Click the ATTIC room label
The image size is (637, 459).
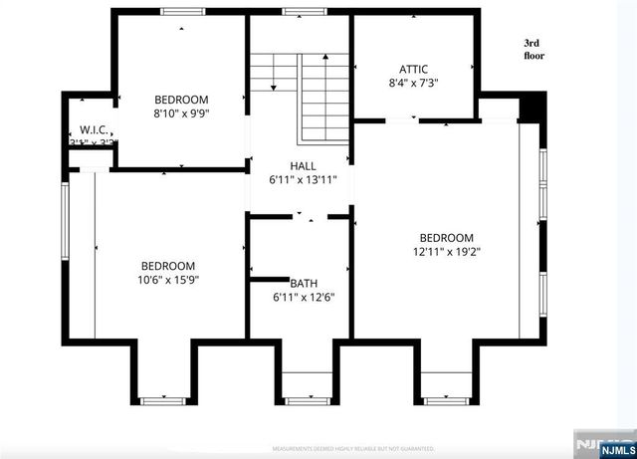coord(414,69)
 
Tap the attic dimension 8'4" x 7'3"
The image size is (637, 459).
coord(414,84)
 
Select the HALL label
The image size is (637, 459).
coord(303,165)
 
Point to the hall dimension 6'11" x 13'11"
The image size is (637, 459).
coord(303,180)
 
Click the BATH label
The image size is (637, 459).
coord(303,283)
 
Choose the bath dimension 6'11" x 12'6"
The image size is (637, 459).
coord(303,297)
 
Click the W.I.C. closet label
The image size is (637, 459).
coord(94,130)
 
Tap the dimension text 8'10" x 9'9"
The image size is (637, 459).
coord(180,114)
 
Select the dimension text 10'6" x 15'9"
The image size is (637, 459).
coord(167,281)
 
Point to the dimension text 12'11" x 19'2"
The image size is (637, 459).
coord(445,252)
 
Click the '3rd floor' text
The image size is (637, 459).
coord(535,50)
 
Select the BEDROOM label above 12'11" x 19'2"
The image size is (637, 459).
coord(445,237)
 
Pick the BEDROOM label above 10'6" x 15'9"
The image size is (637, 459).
coord(167,266)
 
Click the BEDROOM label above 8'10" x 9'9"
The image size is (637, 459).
coord(181,99)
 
